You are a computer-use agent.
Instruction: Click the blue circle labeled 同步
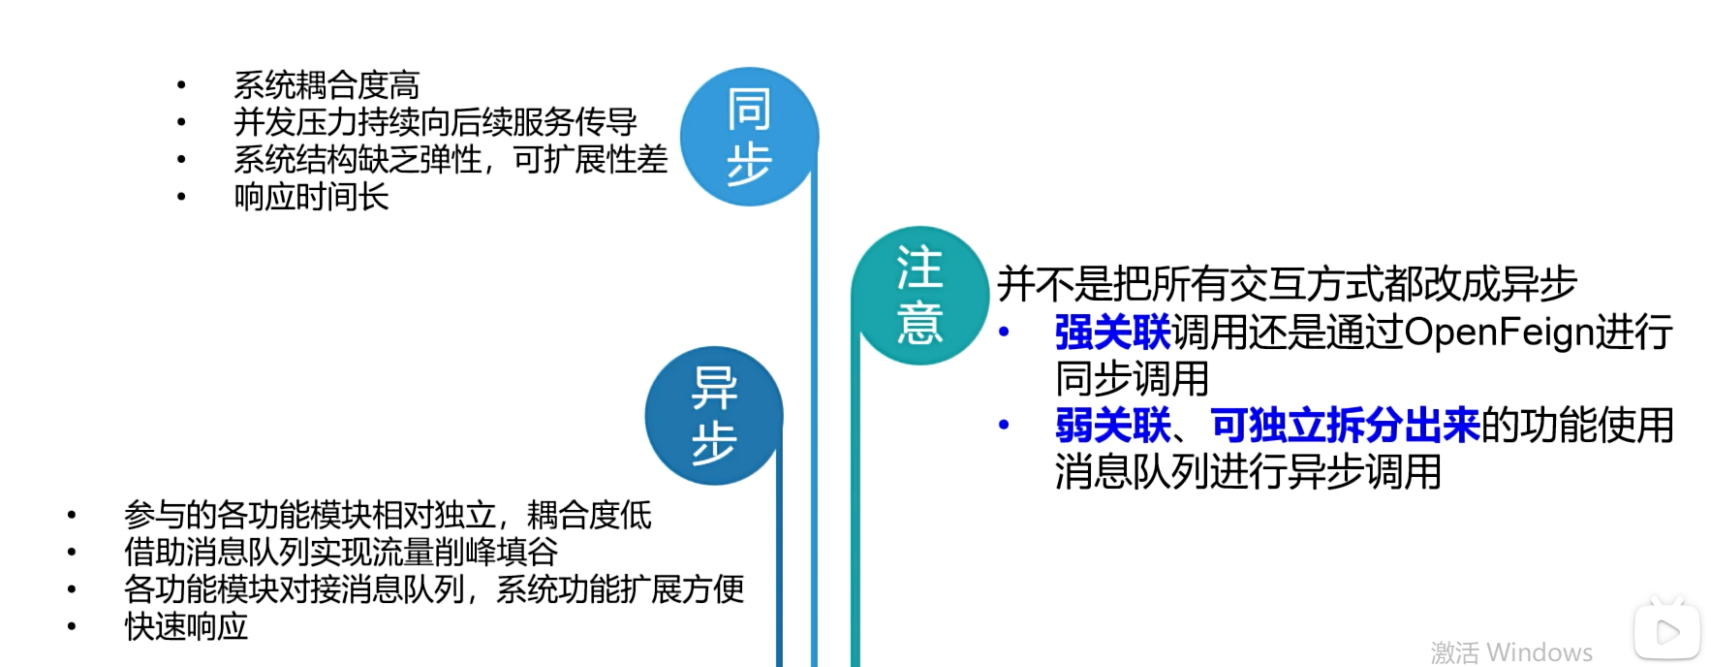click(749, 137)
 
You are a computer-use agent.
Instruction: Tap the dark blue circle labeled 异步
click(714, 416)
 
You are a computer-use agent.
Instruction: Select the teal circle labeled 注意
click(919, 295)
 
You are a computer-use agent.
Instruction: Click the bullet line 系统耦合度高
click(327, 85)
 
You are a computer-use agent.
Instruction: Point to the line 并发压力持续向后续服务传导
click(435, 122)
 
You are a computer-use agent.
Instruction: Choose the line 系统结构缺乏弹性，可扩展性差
click(451, 159)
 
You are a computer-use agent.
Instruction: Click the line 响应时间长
click(311, 197)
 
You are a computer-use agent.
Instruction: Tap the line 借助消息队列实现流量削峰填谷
click(341, 552)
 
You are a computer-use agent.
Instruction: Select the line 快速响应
click(186, 626)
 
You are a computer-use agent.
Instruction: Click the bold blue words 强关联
click(1112, 333)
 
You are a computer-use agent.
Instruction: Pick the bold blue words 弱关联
click(1112, 426)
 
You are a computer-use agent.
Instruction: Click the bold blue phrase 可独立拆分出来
click(1345, 426)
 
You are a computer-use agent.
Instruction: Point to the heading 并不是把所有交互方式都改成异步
click(1287, 284)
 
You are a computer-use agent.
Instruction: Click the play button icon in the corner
click(1667, 633)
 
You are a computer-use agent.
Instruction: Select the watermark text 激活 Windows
click(1511, 651)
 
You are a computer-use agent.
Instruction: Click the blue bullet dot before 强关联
click(1005, 333)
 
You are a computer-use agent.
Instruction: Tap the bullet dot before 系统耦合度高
click(181, 85)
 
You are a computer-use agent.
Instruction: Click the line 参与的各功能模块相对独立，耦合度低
click(388, 515)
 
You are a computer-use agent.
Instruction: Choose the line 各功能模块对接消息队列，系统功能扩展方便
click(434, 589)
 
